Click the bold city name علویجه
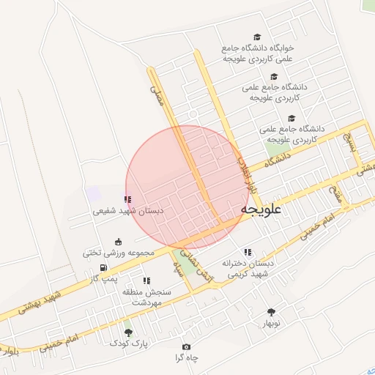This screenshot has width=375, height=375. point(261,210)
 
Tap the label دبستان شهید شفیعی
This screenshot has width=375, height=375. point(129,210)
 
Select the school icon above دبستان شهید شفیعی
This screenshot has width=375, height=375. point(128,199)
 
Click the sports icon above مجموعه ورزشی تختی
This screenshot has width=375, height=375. point(119,242)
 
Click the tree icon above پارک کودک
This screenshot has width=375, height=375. point(128,333)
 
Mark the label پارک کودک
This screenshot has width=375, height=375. point(132,343)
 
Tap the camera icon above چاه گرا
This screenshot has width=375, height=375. point(186,346)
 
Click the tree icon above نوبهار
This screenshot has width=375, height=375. point(273,312)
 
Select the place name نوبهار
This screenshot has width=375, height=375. point(272,323)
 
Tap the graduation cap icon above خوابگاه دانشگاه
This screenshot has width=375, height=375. point(256,37)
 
